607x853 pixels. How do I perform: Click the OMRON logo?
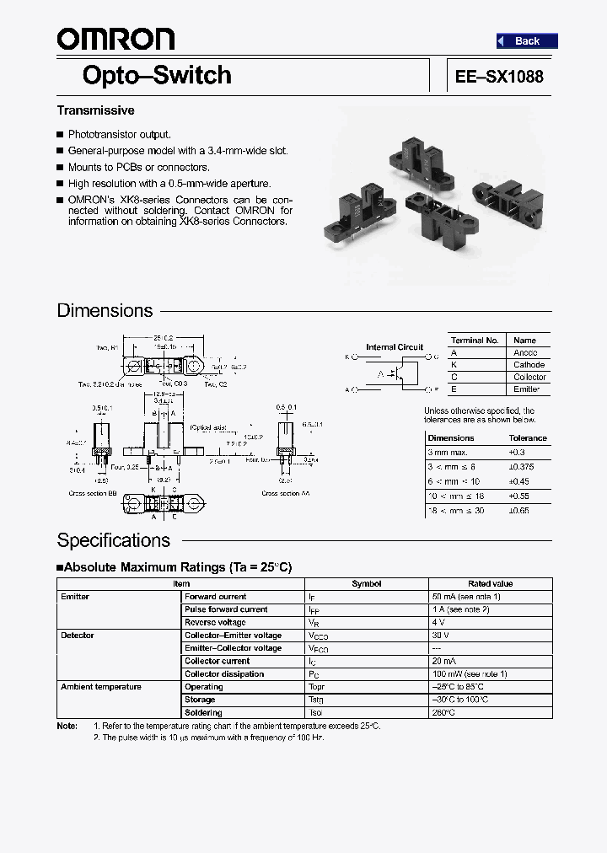115,40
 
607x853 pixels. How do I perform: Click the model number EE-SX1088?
499,76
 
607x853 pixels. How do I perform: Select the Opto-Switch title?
157,75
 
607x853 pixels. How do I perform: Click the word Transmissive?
95,110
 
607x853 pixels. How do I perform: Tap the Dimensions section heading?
105,310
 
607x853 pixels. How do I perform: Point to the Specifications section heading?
113,540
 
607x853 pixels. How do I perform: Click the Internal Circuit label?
395,347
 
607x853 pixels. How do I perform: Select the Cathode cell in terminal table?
529,365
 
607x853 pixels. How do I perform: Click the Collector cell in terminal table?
530,377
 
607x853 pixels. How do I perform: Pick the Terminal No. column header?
475,341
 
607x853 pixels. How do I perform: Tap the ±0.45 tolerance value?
520,482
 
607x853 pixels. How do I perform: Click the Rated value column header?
490,583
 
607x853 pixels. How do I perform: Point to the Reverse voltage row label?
215,622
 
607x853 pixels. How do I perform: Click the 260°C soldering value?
443,713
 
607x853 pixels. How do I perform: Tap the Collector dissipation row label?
224,674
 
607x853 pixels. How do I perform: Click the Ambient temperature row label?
101,687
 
